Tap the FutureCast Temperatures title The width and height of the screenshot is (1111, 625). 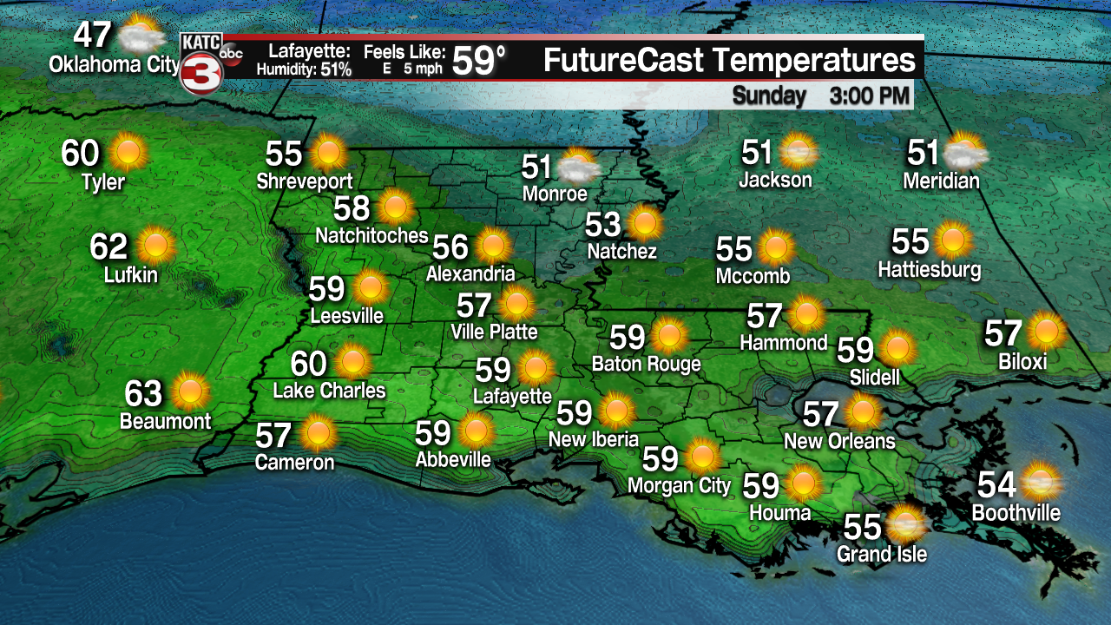729,61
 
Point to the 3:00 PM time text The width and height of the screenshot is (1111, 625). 870,95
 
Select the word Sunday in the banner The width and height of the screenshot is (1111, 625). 768,95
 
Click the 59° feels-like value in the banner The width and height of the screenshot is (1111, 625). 479,61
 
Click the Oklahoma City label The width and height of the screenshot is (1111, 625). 114,64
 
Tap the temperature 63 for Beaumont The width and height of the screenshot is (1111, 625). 143,393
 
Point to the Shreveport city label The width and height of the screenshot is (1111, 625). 305,181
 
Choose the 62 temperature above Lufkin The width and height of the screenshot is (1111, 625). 108,247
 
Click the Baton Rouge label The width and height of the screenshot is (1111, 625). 646,363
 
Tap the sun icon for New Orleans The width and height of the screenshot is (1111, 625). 862,412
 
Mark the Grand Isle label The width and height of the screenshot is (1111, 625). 881,554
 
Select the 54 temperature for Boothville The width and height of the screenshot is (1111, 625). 996,484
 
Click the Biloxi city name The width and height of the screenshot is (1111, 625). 1022,361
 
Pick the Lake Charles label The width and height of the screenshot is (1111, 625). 329,391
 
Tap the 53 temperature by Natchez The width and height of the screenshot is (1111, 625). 603,224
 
